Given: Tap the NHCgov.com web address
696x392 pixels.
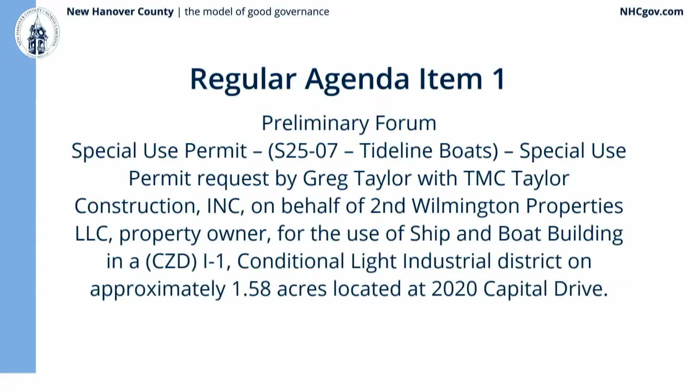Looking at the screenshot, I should click(651, 12).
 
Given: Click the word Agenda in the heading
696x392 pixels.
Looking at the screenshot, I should click(357, 79).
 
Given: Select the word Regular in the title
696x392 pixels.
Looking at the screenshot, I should click(243, 79).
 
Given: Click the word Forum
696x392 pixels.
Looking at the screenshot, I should click(405, 123).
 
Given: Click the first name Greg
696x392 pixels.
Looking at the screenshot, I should click(325, 179).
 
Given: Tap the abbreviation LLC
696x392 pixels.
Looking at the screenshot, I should click(91, 234).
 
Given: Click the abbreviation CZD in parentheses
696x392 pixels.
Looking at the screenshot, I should click(171, 261).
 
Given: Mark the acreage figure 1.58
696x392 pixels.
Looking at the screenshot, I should click(251, 289).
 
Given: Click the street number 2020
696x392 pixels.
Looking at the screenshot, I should click(454, 289).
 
